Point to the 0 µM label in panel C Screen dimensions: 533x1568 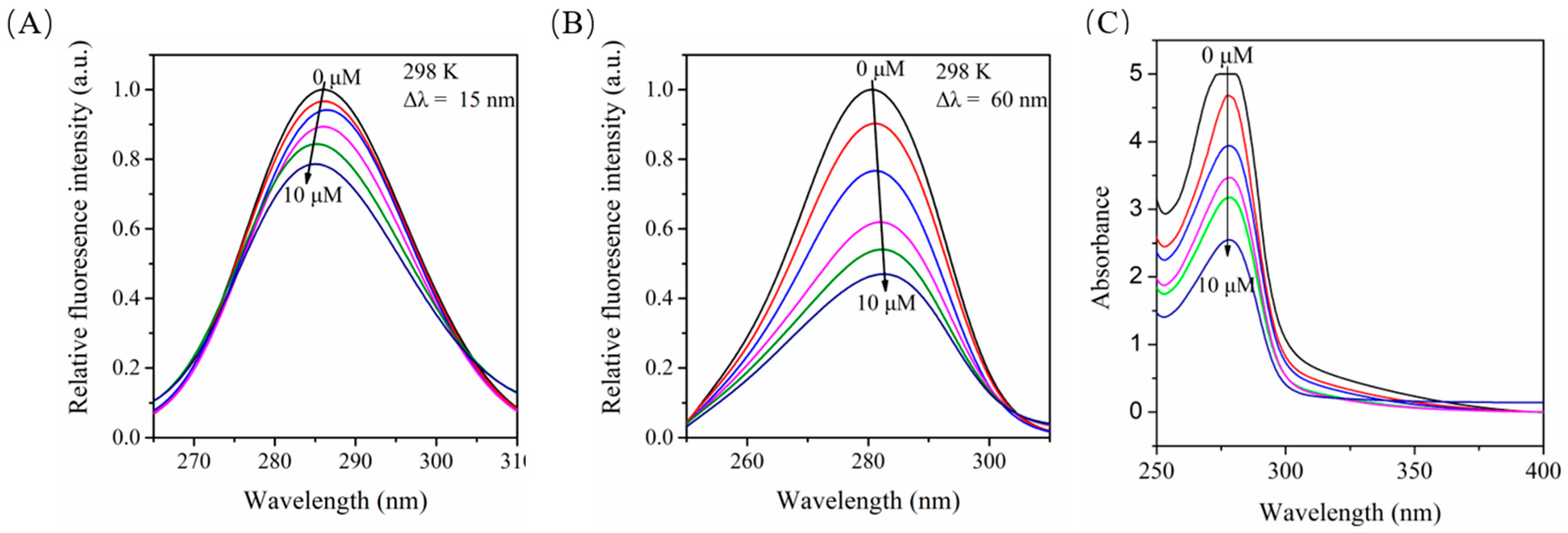(x=1227, y=56)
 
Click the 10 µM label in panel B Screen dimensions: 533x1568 (x=886, y=303)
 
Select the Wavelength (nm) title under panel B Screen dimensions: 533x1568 (x=868, y=501)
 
